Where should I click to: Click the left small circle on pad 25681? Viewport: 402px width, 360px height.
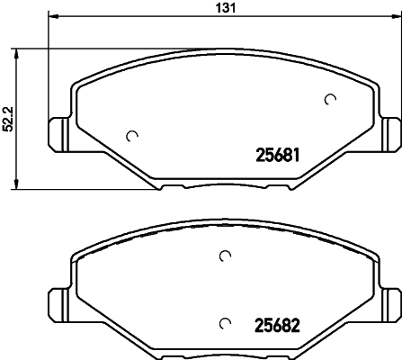click(132, 136)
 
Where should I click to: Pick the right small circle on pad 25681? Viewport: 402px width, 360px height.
click(330, 99)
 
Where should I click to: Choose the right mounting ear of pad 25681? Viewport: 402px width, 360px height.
click(391, 134)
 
